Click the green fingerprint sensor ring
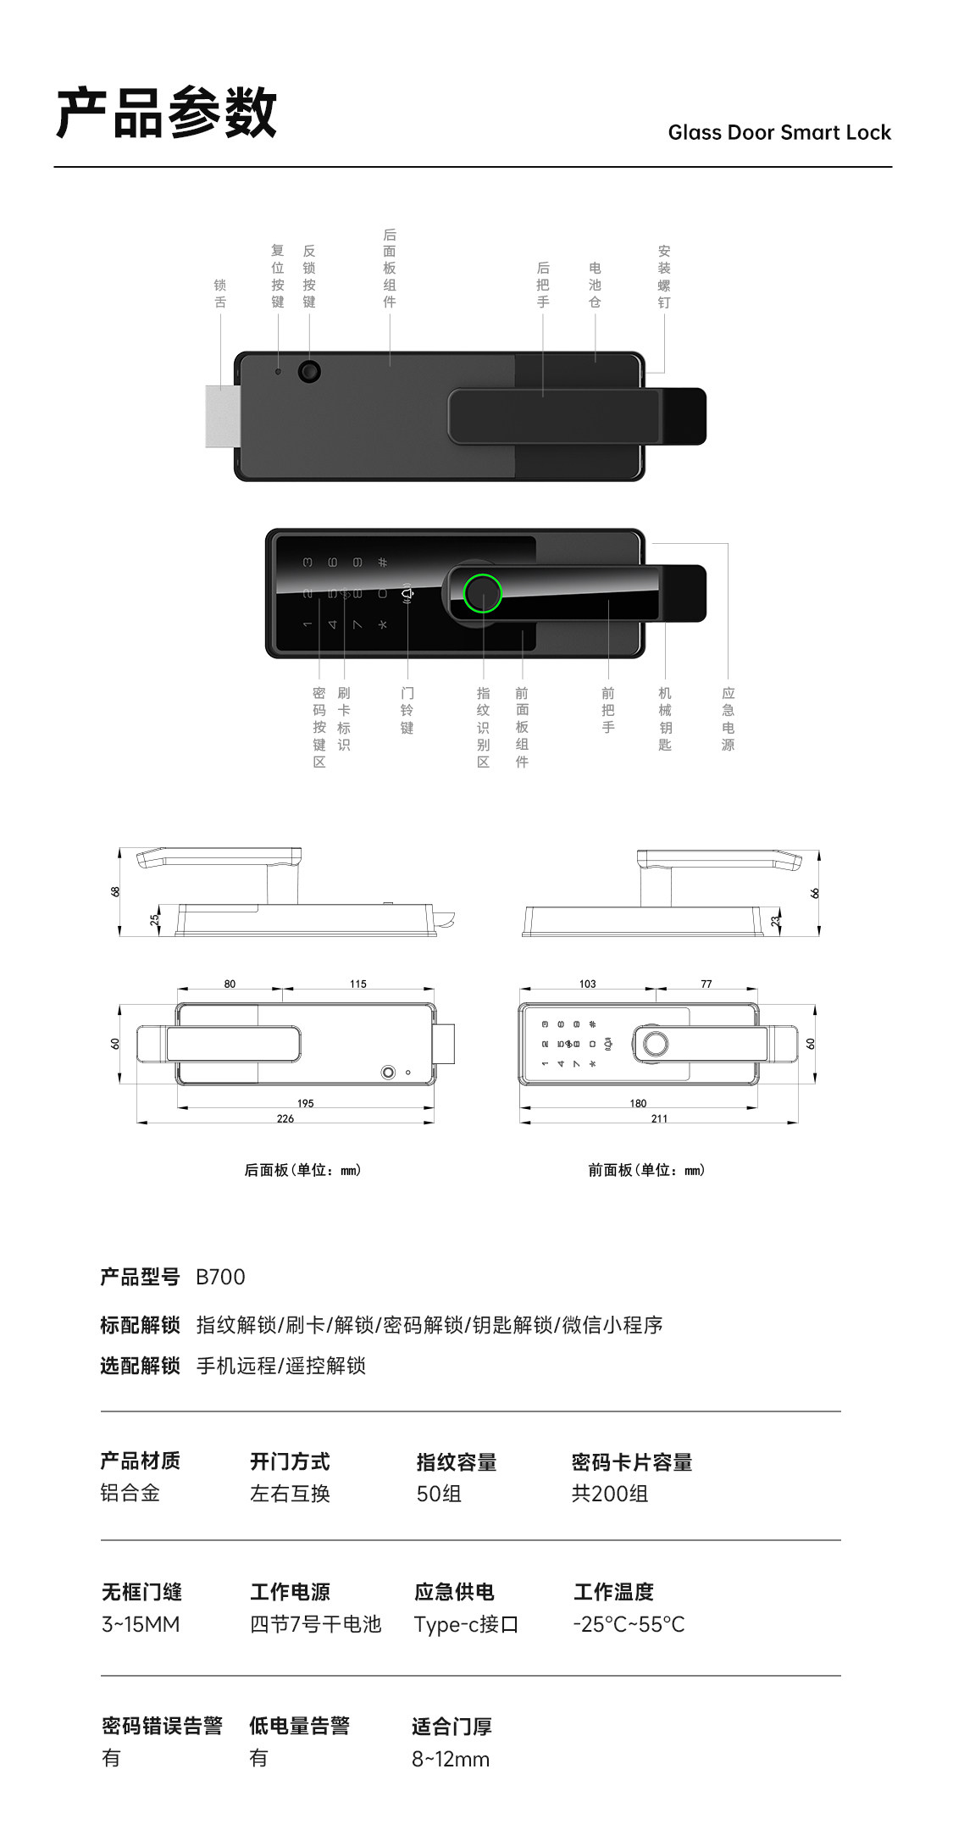pyautogui.click(x=483, y=593)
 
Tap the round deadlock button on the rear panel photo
pyautogui.click(x=309, y=371)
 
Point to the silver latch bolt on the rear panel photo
pyautogui.click(x=220, y=416)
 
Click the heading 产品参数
pyautogui.click(x=167, y=113)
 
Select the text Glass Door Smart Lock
pyautogui.click(x=778, y=132)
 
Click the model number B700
pyautogui.click(x=220, y=1277)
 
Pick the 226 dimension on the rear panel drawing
pyautogui.click(x=285, y=1118)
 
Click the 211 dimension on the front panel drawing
pyautogui.click(x=659, y=1118)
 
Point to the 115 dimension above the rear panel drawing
pyautogui.click(x=357, y=984)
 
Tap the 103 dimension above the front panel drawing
pyautogui.click(x=587, y=984)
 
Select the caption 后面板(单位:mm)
pyautogui.click(x=302, y=1170)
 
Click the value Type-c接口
pyautogui.click(x=466, y=1624)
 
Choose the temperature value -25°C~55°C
pyautogui.click(x=629, y=1624)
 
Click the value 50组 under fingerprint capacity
pyautogui.click(x=439, y=1494)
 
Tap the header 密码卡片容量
pyautogui.click(x=632, y=1461)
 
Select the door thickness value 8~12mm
pyautogui.click(x=451, y=1759)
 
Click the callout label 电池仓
pyautogui.click(x=595, y=285)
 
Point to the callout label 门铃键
pyautogui.click(x=407, y=710)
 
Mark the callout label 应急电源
pyautogui.click(x=728, y=718)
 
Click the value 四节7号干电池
pyautogui.click(x=315, y=1624)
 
